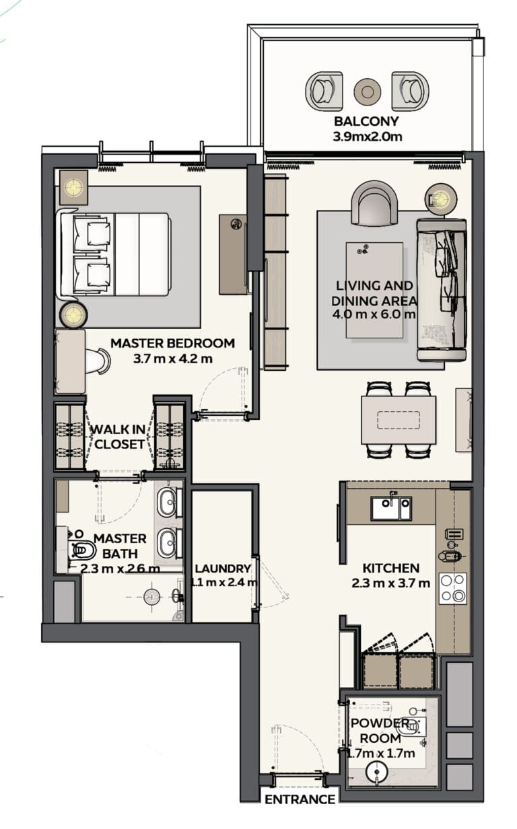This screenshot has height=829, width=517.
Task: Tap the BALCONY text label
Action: (366, 121)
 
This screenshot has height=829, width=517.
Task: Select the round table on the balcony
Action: (367, 91)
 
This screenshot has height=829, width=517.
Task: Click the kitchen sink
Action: (392, 508)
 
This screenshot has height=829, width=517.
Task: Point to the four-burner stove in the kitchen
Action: (452, 588)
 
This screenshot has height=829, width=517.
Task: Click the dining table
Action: (399, 420)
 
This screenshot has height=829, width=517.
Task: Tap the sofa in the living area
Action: (442, 289)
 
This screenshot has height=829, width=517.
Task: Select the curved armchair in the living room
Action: (374, 203)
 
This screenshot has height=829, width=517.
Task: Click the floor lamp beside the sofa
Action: (441, 199)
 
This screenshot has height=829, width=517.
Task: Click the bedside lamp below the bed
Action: (74, 315)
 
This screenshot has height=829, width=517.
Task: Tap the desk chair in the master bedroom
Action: (98, 361)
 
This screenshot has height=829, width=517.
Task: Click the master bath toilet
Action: (81, 550)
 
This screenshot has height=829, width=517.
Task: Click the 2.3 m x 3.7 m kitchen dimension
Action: (390, 583)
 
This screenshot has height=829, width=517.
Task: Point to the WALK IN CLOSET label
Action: (118, 437)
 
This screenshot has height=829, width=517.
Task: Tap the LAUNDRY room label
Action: (223, 569)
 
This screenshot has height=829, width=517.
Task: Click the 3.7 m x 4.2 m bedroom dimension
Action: (173, 359)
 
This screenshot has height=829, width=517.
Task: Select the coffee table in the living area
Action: (374, 290)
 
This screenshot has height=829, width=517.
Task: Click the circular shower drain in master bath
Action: (151, 597)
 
